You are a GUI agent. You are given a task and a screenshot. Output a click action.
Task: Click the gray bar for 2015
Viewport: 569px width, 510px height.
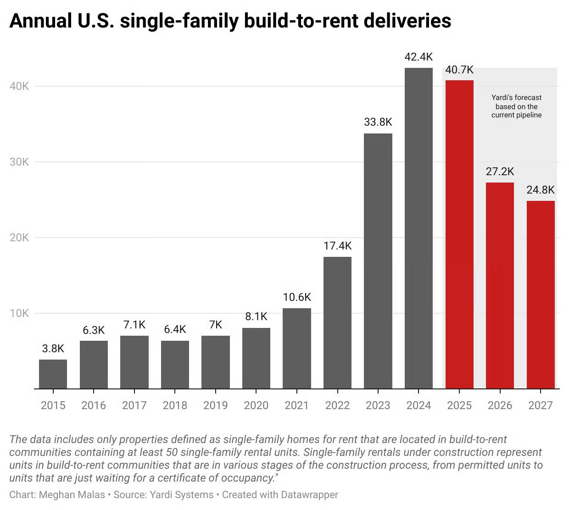53,374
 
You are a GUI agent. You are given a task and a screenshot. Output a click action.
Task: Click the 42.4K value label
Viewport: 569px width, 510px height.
418,57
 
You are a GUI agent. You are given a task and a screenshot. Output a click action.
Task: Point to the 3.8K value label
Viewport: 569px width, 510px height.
53,349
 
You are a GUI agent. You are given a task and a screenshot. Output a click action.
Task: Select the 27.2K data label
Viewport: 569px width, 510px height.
500,172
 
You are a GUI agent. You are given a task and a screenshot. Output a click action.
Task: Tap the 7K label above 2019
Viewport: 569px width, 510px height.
215,325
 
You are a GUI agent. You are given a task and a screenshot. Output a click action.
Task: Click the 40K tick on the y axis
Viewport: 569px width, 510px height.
19,86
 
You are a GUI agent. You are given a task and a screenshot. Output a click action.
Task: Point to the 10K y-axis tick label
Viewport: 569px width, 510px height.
19,313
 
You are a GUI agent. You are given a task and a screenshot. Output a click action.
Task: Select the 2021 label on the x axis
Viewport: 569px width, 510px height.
296,405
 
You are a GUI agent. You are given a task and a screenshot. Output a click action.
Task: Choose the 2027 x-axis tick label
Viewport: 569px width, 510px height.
540,405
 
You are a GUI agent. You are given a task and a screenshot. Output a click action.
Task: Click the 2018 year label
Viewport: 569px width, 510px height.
175,405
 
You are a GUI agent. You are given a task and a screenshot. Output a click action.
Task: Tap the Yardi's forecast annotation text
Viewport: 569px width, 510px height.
516,106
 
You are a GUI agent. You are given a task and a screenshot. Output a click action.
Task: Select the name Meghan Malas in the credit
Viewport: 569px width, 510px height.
72,495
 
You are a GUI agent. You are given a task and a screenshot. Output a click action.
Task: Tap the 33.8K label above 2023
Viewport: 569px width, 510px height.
378,122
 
